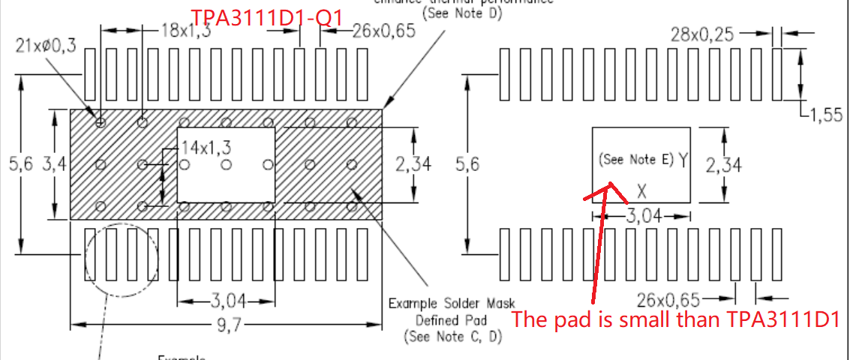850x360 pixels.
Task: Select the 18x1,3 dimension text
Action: [186, 31]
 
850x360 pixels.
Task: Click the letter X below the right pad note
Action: [641, 188]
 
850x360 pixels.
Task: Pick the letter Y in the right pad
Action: [683, 159]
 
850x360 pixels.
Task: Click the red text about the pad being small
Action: [674, 319]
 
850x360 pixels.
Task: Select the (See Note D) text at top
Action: [462, 13]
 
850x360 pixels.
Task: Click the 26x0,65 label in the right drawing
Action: [669, 301]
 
